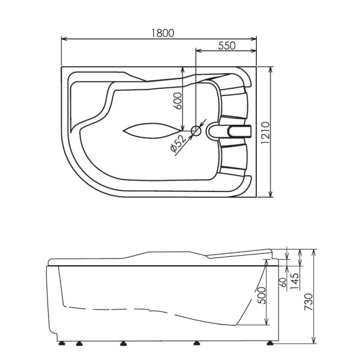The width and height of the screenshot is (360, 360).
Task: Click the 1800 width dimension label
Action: [x=163, y=33]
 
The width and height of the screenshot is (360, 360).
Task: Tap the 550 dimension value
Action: [x=227, y=46]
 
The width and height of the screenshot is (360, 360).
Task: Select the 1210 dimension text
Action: [x=265, y=133]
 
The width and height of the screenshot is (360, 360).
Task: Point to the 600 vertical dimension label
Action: [x=177, y=101]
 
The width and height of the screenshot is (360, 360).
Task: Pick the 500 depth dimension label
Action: [x=261, y=295]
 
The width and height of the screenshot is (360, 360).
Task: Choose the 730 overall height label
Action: [x=308, y=302]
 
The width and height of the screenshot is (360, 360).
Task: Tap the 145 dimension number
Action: [x=295, y=281]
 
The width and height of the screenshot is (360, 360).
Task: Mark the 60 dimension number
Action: [x=283, y=282]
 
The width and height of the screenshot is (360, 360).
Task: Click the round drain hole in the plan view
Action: [x=196, y=131]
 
